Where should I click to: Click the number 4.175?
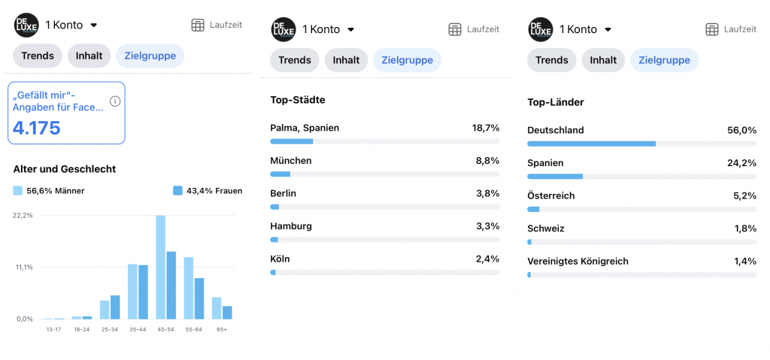pyautogui.click(x=37, y=127)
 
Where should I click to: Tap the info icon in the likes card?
pyautogui.click(x=115, y=101)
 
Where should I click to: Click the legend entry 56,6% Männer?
pyautogui.click(x=49, y=191)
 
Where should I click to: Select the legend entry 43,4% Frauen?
pyautogui.click(x=208, y=191)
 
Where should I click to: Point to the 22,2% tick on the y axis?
pyautogui.click(x=23, y=215)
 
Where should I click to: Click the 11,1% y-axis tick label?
pyautogui.click(x=23, y=267)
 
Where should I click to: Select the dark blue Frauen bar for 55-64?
pyautogui.click(x=199, y=298)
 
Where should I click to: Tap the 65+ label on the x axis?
pyautogui.click(x=222, y=329)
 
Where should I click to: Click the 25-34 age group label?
pyautogui.click(x=110, y=329)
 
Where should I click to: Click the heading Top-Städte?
pyautogui.click(x=298, y=100)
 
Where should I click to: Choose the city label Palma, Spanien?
pyautogui.click(x=305, y=128)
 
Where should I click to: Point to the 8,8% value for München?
pyautogui.click(x=487, y=161)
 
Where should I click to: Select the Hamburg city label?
pyautogui.click(x=291, y=226)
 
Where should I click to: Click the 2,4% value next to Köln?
pyautogui.click(x=487, y=259)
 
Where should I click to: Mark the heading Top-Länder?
pyautogui.click(x=556, y=102)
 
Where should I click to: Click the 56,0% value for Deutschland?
pyautogui.click(x=741, y=130)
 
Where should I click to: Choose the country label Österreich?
pyautogui.click(x=551, y=195)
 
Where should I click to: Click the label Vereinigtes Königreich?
pyautogui.click(x=577, y=262)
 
